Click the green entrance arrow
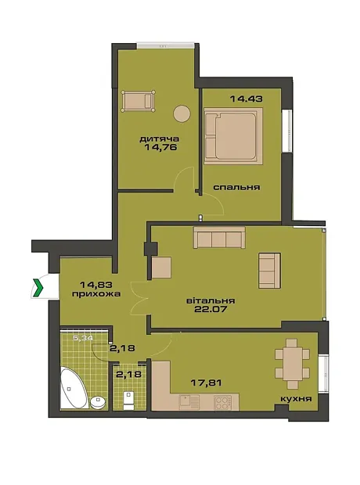[38, 287]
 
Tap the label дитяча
[160, 139]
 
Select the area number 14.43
[247, 99]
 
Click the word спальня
[237, 187]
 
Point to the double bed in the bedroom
[233, 136]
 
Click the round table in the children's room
[182, 113]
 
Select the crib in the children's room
[138, 101]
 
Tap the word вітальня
[211, 300]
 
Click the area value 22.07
[211, 309]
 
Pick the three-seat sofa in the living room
[219, 237]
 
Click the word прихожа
[96, 293]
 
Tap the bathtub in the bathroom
[74, 388]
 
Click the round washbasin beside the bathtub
[98, 402]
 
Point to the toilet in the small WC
[128, 401]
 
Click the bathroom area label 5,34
[83, 338]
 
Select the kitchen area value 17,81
[206, 383]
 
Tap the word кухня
[296, 399]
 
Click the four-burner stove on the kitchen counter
[222, 402]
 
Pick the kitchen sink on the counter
[189, 402]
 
